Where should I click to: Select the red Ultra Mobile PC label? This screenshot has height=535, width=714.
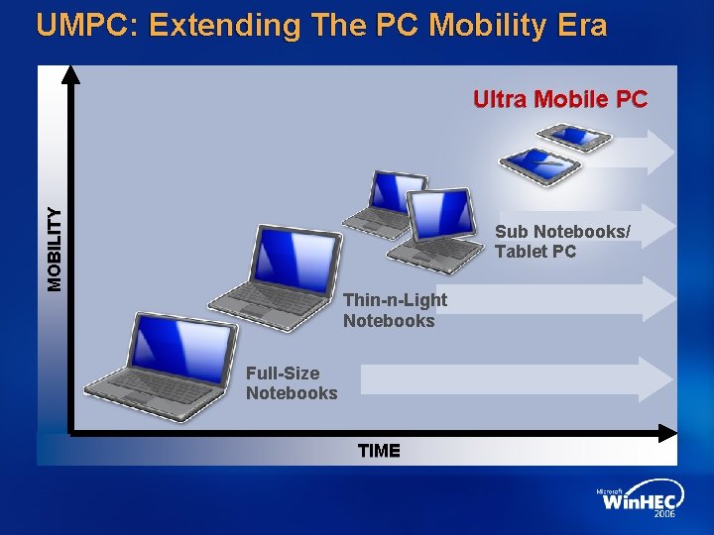[x=559, y=99]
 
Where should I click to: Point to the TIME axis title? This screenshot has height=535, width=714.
[x=379, y=451]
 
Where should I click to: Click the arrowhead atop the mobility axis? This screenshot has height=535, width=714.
[x=70, y=75]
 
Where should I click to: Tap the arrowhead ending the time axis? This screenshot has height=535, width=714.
[x=666, y=432]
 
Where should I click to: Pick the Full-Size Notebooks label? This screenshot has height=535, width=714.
[x=292, y=383]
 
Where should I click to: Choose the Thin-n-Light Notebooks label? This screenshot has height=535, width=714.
[x=395, y=310]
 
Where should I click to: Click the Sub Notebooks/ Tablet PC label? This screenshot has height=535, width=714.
[x=561, y=242]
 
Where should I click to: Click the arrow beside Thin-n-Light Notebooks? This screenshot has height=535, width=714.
[x=565, y=298]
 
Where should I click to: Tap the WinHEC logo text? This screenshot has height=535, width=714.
[x=640, y=501]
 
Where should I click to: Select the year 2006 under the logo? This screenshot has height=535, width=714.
[x=664, y=515]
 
